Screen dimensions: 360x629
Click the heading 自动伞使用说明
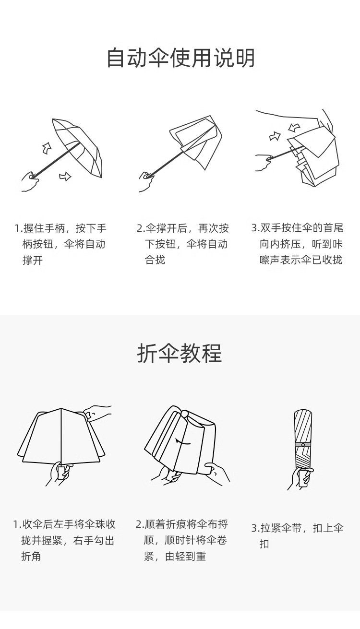coord(180,58)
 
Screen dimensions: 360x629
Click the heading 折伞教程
coord(180,354)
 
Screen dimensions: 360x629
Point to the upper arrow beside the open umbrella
coord(47,148)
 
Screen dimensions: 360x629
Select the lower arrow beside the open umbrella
coord(65,177)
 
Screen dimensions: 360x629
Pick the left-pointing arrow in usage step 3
coord(294,127)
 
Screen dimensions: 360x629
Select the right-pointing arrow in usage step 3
coord(275,137)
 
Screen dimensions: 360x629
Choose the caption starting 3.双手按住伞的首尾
coord(297,244)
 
